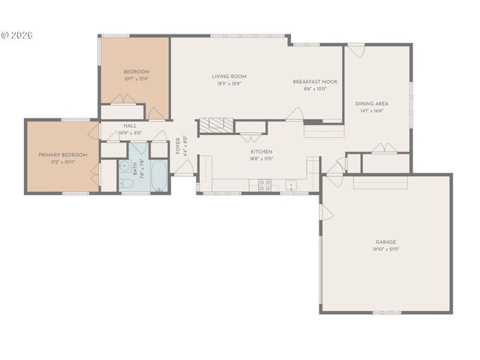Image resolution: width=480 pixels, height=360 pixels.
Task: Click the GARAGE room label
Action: (386, 242)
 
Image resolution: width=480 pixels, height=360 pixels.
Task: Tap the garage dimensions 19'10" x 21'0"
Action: (386, 250)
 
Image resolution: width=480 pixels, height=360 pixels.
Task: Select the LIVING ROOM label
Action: (229, 76)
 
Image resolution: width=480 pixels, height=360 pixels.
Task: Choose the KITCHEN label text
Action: (261, 151)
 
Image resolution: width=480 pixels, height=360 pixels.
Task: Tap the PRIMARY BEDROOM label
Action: (63, 154)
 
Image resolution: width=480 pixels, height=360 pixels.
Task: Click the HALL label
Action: (130, 126)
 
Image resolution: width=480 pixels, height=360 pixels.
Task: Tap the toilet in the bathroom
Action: (127, 183)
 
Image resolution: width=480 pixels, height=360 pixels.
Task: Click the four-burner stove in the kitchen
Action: (265, 185)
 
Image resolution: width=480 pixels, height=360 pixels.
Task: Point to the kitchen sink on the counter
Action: (290, 185)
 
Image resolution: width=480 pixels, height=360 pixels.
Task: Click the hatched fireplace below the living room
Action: (217, 126)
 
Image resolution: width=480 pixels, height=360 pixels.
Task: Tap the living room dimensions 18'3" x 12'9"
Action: (229, 84)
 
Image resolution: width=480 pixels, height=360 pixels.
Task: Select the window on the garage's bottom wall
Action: (387, 312)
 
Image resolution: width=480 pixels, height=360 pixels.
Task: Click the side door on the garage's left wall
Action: (325, 212)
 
